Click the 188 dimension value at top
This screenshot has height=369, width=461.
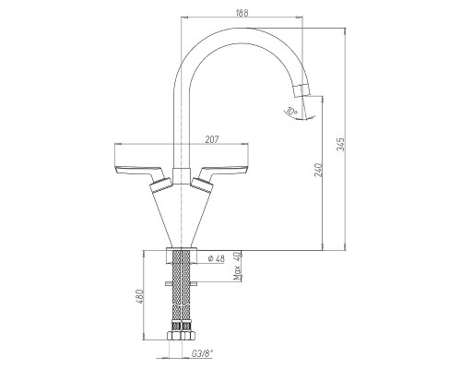[x=242, y=13]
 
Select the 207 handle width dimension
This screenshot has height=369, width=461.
[x=212, y=139]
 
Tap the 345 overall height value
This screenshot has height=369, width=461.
[x=341, y=144]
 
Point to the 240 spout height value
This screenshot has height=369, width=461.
[x=319, y=170]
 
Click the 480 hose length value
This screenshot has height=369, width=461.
[x=139, y=296]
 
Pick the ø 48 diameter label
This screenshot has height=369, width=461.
[x=217, y=258]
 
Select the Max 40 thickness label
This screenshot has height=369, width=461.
[x=237, y=266]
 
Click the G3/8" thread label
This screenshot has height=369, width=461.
[x=202, y=354]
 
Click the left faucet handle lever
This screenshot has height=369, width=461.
[x=140, y=173]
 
